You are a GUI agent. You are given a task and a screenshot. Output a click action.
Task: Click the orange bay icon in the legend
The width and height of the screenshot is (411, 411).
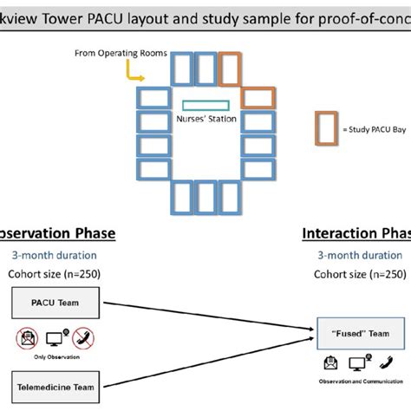pyautogui.click(x=326, y=128)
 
